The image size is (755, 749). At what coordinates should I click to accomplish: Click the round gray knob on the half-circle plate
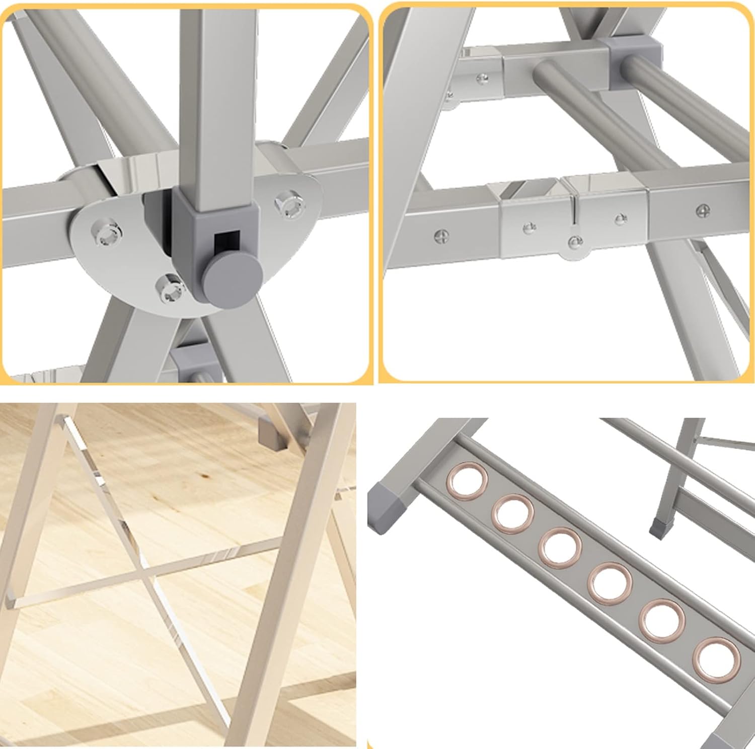coord(233,276)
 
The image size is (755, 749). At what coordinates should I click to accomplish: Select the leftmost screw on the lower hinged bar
coord(441,235)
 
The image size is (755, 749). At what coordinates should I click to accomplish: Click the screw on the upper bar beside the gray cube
coord(482,78)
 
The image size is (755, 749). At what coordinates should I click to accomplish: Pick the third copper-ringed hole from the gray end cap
coord(560,547)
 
